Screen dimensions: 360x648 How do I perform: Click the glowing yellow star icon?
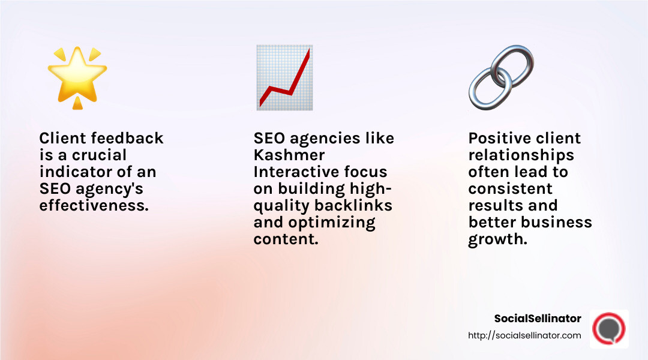point(77,77)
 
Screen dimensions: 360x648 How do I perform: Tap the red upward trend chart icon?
point(283,77)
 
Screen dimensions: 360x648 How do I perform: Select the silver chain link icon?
point(500,77)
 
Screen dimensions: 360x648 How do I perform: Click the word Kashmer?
point(287,155)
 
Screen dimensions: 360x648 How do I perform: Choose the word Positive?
point(500,138)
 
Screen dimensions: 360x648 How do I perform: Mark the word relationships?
point(521,155)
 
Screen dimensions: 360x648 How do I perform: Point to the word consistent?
point(510,188)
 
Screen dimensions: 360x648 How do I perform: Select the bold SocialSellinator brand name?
point(538,319)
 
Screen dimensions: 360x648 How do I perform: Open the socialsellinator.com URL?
point(524,335)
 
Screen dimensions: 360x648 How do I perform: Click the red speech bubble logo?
point(609,329)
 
